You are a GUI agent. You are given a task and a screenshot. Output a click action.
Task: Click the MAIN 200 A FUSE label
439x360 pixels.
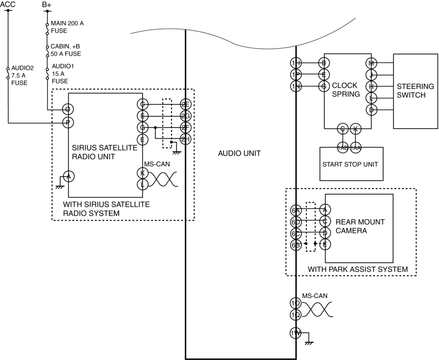[x=67, y=27]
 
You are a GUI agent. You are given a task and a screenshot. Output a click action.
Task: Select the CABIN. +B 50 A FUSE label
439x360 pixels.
[x=67, y=50]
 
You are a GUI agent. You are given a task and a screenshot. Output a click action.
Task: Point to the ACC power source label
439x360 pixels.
[x=8, y=4]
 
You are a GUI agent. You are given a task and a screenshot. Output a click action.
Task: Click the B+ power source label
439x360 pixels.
[x=46, y=4]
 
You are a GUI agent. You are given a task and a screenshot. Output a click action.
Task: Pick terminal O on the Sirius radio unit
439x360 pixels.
[x=68, y=110]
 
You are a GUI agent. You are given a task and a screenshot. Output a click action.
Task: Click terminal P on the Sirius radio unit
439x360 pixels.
[x=68, y=122]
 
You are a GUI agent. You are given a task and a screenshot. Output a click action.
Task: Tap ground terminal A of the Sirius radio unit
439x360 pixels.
[x=68, y=177]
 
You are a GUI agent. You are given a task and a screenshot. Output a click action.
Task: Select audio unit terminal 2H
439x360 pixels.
[x=185, y=139]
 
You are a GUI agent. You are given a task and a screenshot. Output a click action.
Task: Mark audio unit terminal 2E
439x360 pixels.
[x=185, y=104]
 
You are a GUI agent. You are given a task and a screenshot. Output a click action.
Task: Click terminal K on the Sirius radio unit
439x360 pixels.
[x=142, y=173]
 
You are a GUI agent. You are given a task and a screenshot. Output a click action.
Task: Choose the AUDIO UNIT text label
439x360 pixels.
[x=239, y=154]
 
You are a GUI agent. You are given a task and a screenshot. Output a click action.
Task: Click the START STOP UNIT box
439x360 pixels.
[x=351, y=164]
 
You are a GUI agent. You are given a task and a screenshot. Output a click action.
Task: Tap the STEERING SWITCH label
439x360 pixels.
[x=415, y=90]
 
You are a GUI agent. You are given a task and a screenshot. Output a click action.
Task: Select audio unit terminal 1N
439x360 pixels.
[x=296, y=86]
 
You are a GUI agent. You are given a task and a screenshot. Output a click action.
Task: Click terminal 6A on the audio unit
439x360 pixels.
[x=296, y=210]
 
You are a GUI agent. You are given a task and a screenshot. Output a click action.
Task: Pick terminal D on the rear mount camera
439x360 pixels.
[x=325, y=233]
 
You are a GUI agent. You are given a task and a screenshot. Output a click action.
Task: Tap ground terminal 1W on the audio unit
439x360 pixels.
[x=296, y=333]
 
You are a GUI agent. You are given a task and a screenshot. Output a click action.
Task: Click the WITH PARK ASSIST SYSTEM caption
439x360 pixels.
[x=358, y=269]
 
